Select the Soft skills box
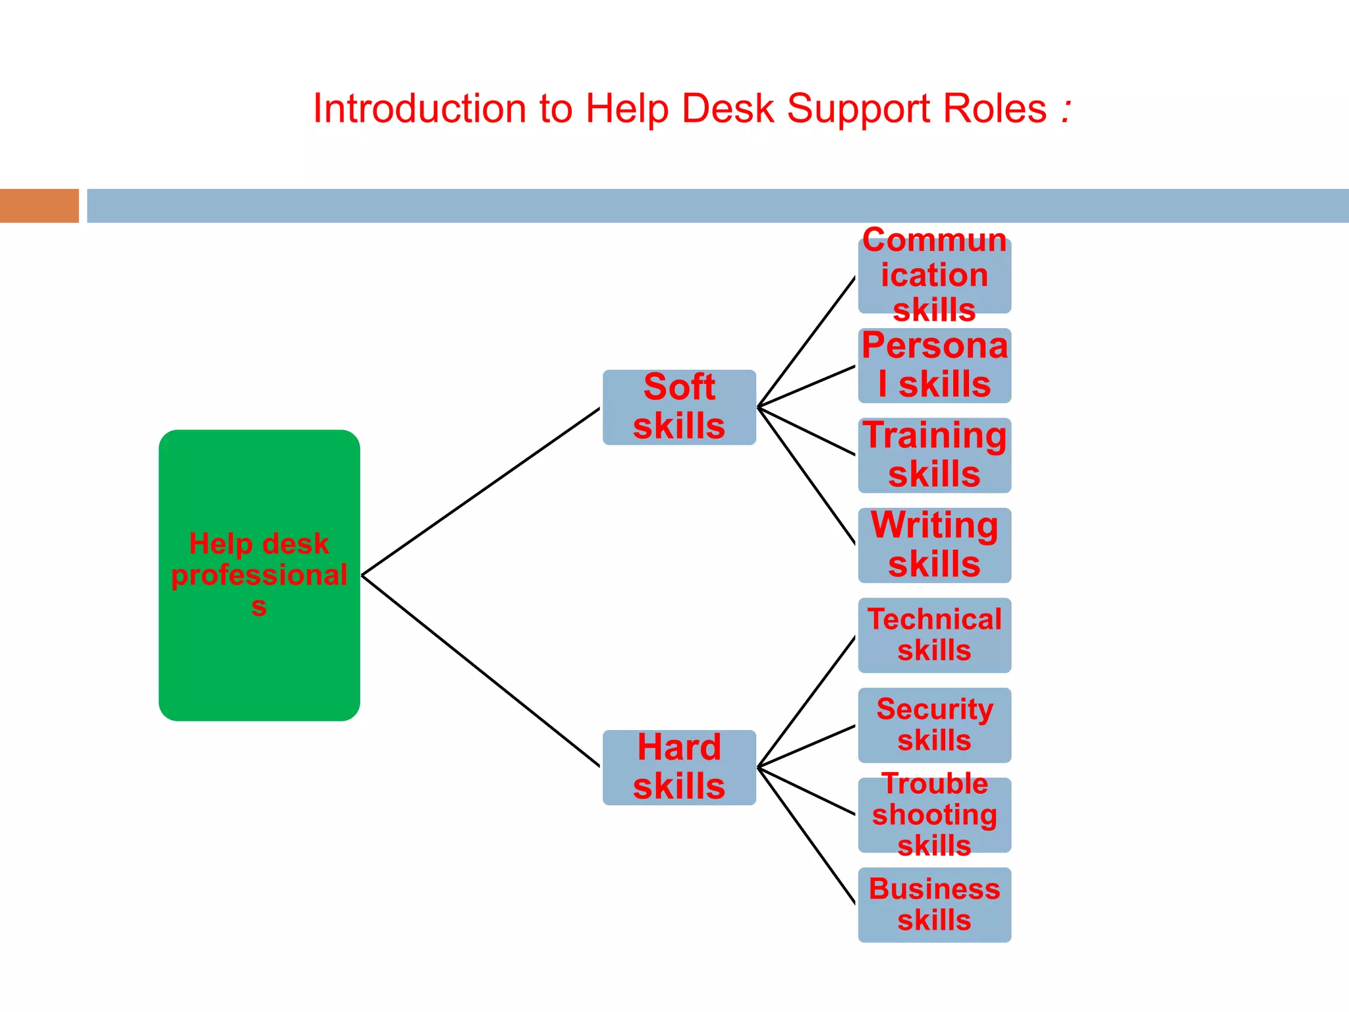[x=679, y=407]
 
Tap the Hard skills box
[x=679, y=767]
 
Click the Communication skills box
[x=934, y=275]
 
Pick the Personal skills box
[x=934, y=366]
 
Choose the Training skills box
[x=934, y=455]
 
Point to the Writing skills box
[x=934, y=545]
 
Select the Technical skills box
[x=934, y=635]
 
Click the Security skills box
[x=934, y=725]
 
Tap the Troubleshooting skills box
[x=934, y=815]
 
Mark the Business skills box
[x=934, y=905]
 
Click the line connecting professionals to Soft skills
[x=481, y=492]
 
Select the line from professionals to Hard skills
[x=481, y=671]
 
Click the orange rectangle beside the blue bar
[x=40, y=206]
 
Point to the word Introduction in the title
[x=420, y=109]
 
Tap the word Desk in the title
[x=727, y=109]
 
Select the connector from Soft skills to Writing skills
[x=807, y=476]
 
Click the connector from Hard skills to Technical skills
[x=807, y=702]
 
